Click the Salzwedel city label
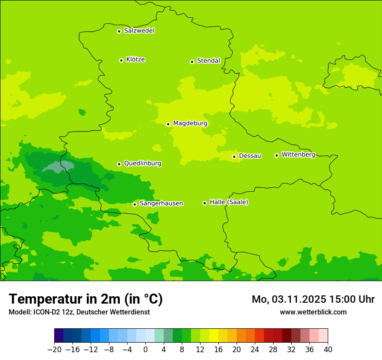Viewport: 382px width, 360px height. pos(139,31)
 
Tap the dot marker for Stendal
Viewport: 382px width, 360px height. pos(192,62)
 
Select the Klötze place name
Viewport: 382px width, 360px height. pos(135,60)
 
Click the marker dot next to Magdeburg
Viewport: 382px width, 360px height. pos(168,124)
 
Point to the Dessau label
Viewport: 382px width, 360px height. pos(250,156)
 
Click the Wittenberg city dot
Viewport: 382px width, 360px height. pos(277,155)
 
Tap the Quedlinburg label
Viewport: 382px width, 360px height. pos(142,164)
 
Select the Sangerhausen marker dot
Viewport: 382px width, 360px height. pos(135,204)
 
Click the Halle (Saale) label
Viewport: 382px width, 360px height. pos(229,202)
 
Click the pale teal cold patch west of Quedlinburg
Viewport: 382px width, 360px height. pos(59,167)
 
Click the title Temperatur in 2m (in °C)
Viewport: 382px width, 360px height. pos(86,299)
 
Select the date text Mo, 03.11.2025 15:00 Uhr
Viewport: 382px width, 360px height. pos(313,299)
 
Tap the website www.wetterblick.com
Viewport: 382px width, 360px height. pos(313,312)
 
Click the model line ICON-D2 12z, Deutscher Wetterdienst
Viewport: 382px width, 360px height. pos(79,312)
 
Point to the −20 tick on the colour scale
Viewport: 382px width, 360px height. pos(54,350)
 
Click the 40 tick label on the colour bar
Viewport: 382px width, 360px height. pos(328,350)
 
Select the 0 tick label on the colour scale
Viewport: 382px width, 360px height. pos(145,350)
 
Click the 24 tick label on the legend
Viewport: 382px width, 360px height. pos(255,350)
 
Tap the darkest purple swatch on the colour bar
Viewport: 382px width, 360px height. pos(59,336)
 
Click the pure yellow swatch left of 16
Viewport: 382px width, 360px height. pos(214,336)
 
